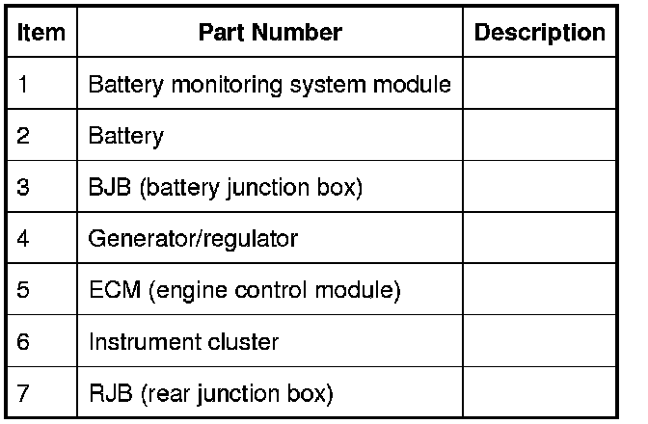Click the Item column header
41,33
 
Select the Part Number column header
270,33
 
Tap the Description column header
540,33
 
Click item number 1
23,84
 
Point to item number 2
24,136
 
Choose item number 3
24,187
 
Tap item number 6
24,342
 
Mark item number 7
24,393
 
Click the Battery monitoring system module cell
269,84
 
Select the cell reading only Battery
125,136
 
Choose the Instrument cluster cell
183,342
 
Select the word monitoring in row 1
202,84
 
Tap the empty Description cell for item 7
540,393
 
